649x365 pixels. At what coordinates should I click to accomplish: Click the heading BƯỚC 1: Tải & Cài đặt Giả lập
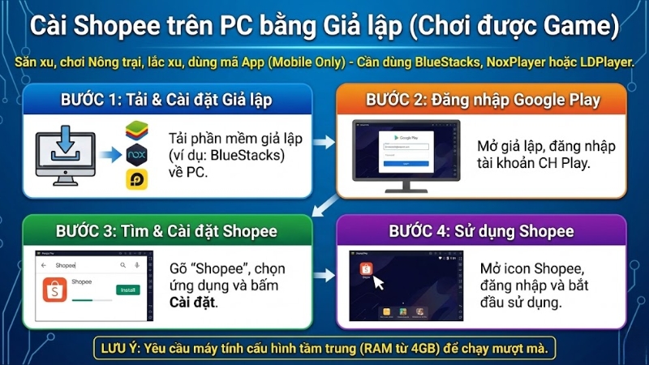(x=166, y=101)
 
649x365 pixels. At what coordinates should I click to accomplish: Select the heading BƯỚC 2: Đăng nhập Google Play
(x=483, y=101)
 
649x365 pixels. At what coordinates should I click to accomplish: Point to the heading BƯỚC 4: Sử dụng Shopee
(x=480, y=231)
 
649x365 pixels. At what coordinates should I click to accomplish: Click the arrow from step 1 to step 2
(x=324, y=143)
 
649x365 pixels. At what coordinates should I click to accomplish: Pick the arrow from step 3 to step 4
(x=324, y=275)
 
